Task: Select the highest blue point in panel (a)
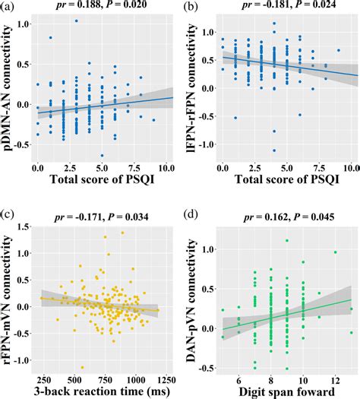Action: pyautogui.click(x=77, y=21)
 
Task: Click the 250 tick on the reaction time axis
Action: pyautogui.click(x=43, y=378)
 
